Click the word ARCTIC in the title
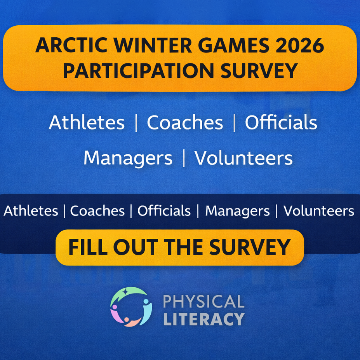click(71, 45)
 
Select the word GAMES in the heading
click(234, 45)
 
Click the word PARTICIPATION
click(139, 70)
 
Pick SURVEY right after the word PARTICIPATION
click(259, 70)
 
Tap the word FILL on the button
click(88, 247)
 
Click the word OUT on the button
click(136, 247)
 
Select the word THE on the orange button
click(183, 247)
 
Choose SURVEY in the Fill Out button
click(250, 247)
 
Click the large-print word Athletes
click(87, 122)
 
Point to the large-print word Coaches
click(185, 122)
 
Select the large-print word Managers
click(128, 159)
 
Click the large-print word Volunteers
click(243, 158)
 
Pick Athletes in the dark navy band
click(31, 211)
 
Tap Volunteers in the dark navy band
click(319, 211)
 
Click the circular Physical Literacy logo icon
click(131, 307)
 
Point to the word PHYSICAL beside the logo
click(203, 301)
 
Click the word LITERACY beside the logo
click(204, 319)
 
